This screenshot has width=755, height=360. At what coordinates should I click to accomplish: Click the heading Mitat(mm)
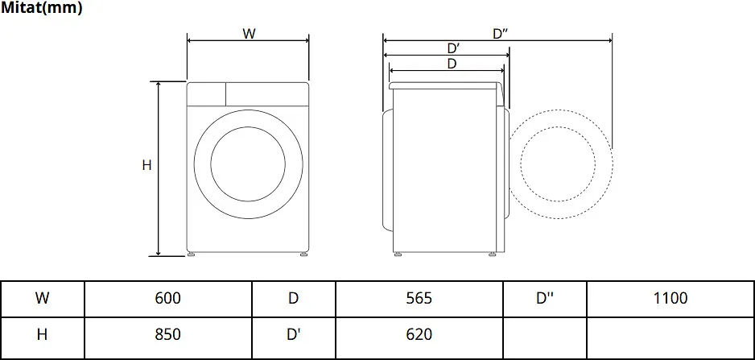click(x=41, y=8)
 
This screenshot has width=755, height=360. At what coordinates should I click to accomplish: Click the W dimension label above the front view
click(x=249, y=34)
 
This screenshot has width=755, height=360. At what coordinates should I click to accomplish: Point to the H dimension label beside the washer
click(x=146, y=165)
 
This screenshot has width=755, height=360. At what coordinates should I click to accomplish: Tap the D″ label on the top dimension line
click(x=501, y=34)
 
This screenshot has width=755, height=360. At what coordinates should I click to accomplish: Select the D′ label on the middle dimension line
click(x=454, y=48)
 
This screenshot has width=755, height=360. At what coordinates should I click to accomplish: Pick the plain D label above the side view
click(x=452, y=64)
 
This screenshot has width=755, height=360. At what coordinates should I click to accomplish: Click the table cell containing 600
click(x=168, y=298)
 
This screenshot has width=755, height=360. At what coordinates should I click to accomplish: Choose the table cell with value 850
click(x=168, y=334)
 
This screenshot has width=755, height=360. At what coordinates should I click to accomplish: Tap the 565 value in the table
click(x=419, y=298)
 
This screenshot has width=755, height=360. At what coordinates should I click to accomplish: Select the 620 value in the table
click(x=419, y=334)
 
